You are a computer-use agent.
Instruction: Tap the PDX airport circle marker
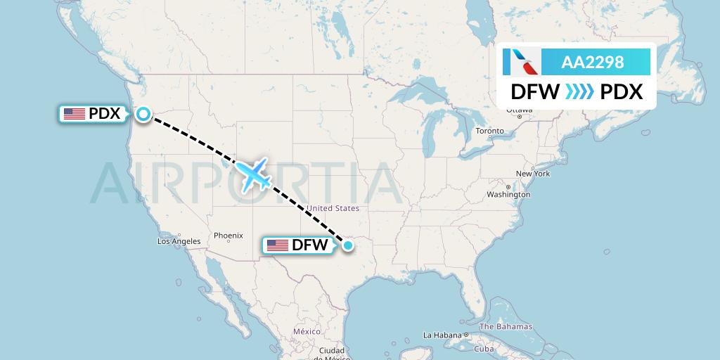143,114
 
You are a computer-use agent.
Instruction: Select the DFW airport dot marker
347,245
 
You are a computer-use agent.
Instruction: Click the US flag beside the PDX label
74,114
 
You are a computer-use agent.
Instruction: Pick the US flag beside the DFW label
278,245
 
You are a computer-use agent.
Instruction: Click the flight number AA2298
592,63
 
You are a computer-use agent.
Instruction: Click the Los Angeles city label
179,241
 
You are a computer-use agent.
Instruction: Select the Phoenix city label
229,236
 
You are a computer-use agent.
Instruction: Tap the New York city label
532,174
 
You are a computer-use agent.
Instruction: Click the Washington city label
508,194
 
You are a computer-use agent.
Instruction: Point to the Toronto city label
489,131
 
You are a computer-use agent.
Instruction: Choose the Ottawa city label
519,111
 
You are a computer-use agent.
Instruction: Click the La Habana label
442,335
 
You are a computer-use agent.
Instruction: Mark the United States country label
333,208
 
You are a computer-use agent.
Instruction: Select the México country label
307,331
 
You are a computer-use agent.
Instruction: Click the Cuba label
484,349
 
